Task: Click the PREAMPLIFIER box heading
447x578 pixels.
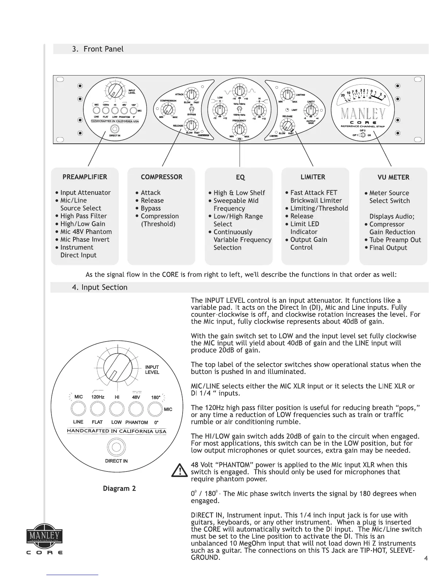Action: pyautogui.click(x=85, y=177)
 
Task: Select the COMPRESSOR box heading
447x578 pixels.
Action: pyautogui.click(x=161, y=177)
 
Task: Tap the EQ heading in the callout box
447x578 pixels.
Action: pyautogui.click(x=240, y=177)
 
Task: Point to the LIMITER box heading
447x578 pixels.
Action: pyautogui.click(x=313, y=177)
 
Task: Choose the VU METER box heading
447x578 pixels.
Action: pyautogui.click(x=393, y=177)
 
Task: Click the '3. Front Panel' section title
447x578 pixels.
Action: pyautogui.click(x=98, y=49)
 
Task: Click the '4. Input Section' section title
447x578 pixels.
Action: pyautogui.click(x=100, y=287)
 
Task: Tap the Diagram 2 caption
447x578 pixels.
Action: pyautogui.click(x=119, y=488)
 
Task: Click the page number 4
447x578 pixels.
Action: pyautogui.click(x=426, y=558)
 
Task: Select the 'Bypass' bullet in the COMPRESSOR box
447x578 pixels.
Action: pyautogui.click(x=150, y=208)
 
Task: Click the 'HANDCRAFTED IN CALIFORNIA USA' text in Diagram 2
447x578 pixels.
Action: pyautogui.click(x=116, y=431)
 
